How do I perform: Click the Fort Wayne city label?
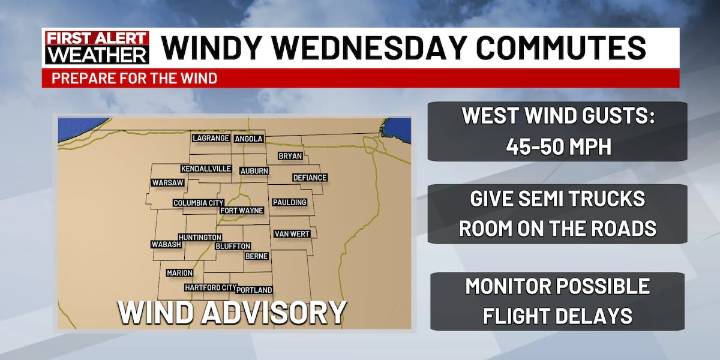[x=242, y=211]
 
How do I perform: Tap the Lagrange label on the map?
[x=211, y=138]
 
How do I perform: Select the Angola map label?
[x=249, y=138]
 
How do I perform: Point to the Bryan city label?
[x=290, y=156]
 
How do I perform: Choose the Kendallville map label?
[x=208, y=169]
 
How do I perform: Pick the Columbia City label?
[x=198, y=203]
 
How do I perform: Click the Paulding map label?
[x=290, y=203]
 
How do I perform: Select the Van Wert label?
[x=292, y=234]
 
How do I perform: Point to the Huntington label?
[x=200, y=237]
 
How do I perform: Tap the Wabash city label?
[x=166, y=244]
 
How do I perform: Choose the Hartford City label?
[x=209, y=287]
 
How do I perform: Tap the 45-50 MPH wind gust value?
[x=557, y=145]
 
